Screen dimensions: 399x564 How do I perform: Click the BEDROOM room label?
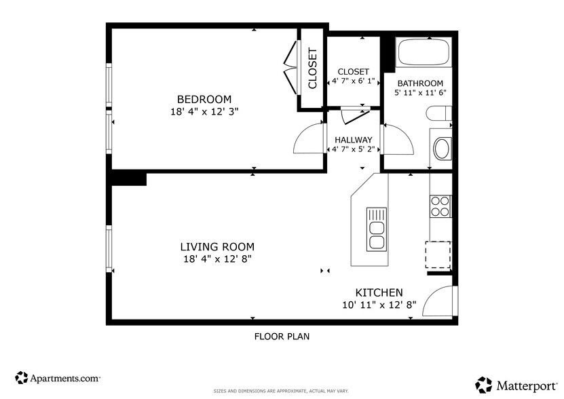pos(204,99)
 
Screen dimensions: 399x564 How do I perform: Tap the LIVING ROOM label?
pos(217,247)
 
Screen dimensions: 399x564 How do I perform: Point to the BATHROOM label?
pos(421,83)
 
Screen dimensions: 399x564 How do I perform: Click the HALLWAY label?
pos(353,140)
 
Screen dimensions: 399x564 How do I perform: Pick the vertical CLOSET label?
pos(313,68)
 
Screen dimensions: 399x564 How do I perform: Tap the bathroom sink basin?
pos(442,148)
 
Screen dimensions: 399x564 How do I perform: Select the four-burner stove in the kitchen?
pos(440,206)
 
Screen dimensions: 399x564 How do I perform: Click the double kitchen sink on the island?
pos(376,229)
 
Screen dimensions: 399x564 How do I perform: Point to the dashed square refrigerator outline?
pos(438,255)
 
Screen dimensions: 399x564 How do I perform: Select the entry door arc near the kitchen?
pos(438,301)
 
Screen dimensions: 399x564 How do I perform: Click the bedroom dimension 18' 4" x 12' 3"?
pos(204,111)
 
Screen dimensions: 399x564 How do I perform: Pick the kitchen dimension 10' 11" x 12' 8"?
pos(379,305)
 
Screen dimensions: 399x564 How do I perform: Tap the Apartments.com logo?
pos(58,377)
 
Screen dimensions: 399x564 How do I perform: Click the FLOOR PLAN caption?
pos(282,336)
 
